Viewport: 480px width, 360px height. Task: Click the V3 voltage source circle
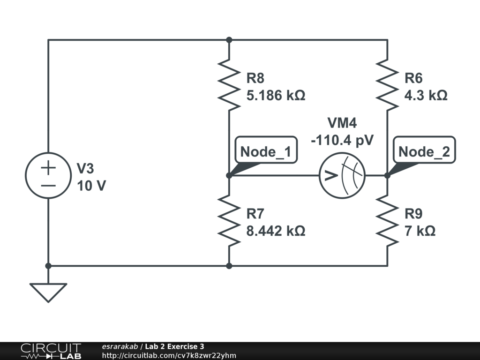(48, 175)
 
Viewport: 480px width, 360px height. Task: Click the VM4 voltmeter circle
(342, 175)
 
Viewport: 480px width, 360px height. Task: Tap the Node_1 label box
(266, 152)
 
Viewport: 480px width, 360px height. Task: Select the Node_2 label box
(424, 152)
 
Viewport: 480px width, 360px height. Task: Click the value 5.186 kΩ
(276, 96)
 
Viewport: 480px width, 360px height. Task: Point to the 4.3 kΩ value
(426, 96)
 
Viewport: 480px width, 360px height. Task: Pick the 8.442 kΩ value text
(276, 231)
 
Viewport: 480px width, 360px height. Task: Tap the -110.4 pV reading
(342, 140)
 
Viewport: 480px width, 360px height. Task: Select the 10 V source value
(91, 186)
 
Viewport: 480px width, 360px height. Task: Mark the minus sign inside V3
(48, 184)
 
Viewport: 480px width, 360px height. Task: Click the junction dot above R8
(229, 40)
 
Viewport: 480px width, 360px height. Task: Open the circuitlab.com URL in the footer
(169, 355)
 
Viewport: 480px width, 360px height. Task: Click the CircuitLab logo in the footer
(51, 351)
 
